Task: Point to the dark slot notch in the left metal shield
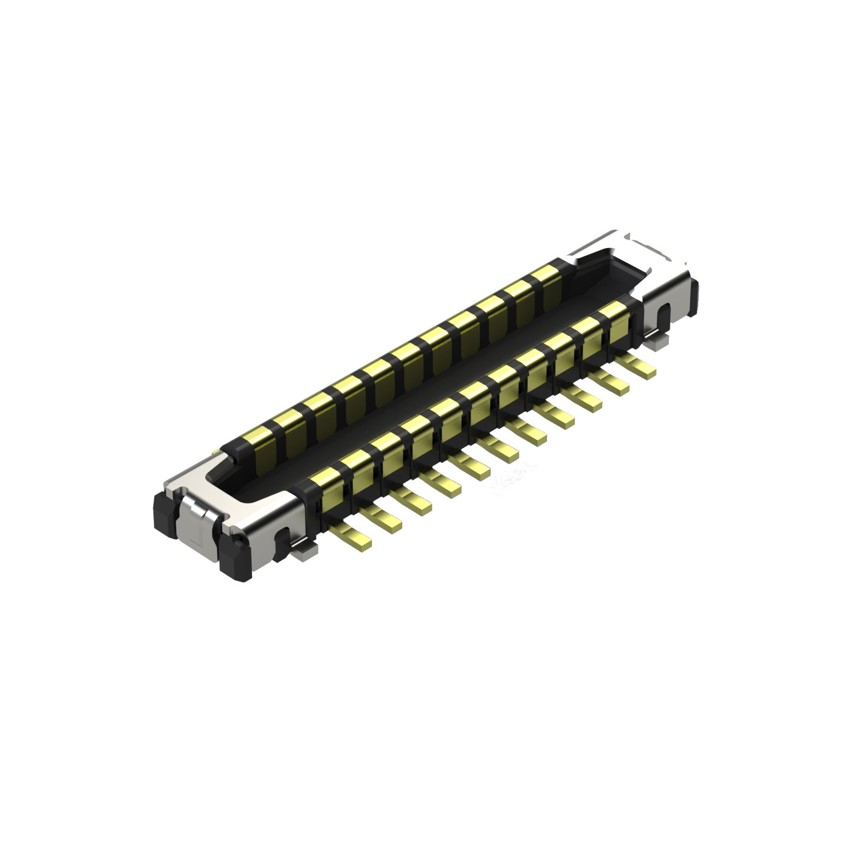tap(281, 539)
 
